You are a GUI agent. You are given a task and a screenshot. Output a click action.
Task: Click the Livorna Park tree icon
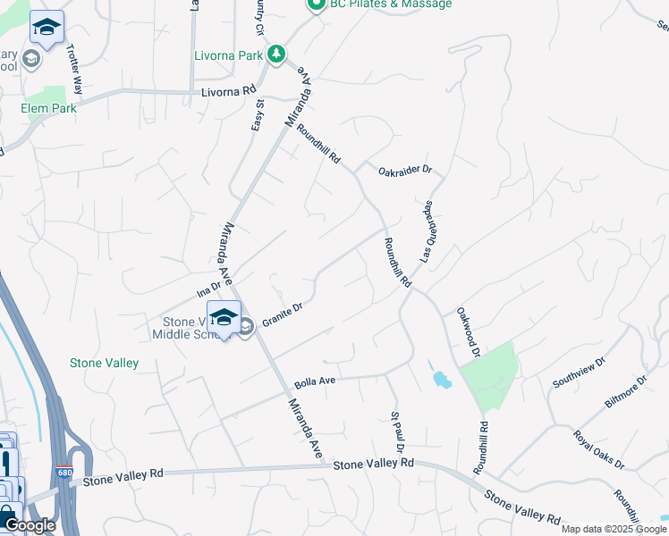277,54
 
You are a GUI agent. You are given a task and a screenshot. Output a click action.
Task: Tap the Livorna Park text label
229,55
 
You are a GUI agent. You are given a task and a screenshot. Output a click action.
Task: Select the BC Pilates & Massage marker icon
315,4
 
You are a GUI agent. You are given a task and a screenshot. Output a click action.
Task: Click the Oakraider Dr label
404,170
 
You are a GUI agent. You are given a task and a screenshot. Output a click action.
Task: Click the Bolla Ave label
314,381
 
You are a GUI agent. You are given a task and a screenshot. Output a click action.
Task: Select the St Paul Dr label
399,431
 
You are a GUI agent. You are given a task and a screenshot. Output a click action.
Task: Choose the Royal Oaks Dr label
598,449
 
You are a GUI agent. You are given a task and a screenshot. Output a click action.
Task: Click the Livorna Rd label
228,91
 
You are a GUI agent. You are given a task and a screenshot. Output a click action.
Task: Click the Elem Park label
49,108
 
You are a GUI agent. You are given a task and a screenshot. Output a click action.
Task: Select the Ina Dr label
207,288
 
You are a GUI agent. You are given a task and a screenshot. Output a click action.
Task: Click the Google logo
29,525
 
